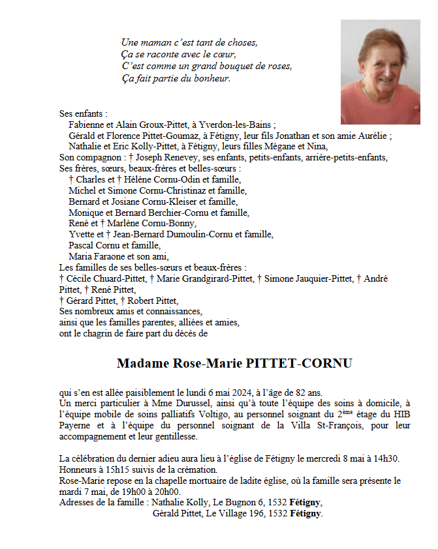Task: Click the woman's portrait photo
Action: pyautogui.click(x=380, y=72)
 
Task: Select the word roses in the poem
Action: pyautogui.click(x=279, y=67)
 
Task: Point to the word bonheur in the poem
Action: pyautogui.click(x=213, y=79)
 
